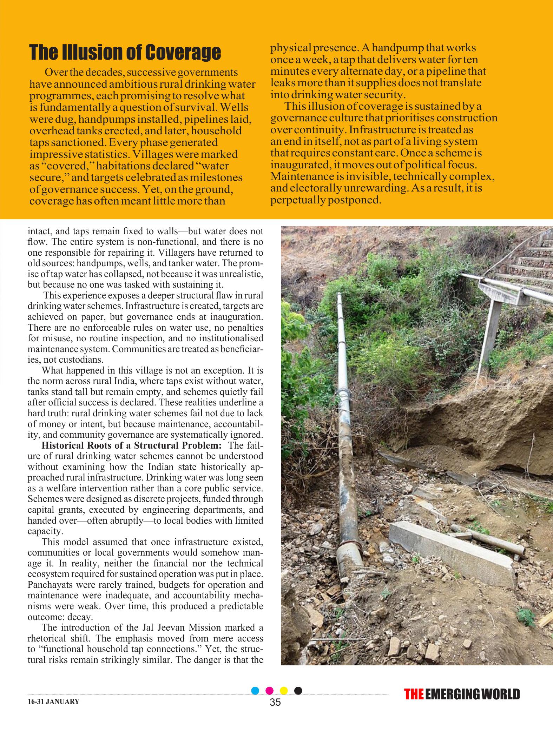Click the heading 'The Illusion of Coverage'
(125, 52)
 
